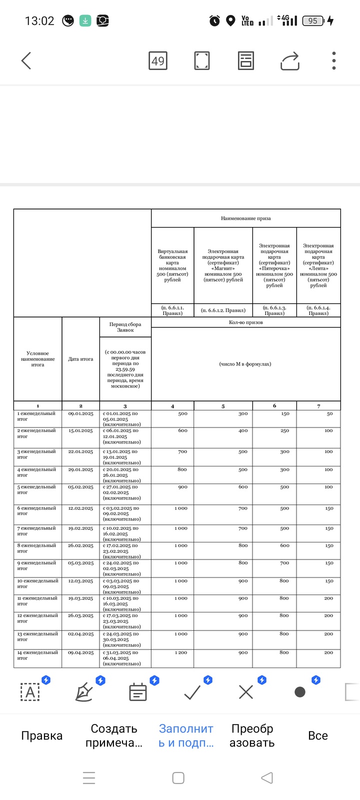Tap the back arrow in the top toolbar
[26, 61]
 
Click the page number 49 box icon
[158, 61]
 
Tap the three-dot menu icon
[333, 61]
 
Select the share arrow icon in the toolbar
[290, 61]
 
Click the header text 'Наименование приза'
[246, 218]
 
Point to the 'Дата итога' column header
[80, 359]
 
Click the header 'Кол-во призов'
[246, 322]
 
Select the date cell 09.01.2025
[80, 414]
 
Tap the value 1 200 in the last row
[181, 652]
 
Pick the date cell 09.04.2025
[80, 652]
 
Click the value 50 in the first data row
[329, 414]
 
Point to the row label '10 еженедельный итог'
[37, 583]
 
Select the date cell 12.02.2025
[80, 508]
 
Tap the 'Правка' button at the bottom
[42, 735]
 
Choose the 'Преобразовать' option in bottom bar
[252, 735]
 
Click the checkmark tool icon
[192, 692]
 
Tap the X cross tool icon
[246, 692]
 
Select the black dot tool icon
[300, 692]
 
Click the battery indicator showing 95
[314, 21]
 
